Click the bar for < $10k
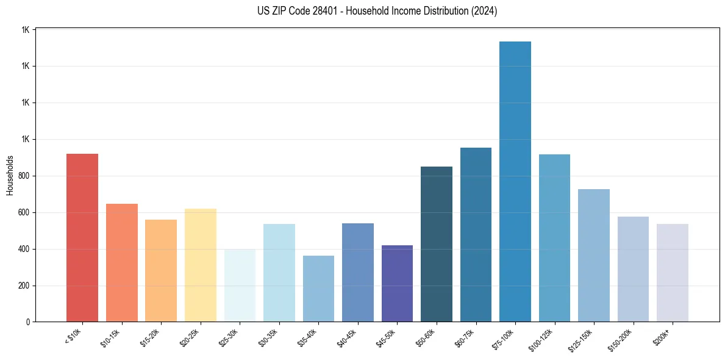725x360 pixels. pyautogui.click(x=82, y=238)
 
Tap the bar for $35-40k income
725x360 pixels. pyautogui.click(x=318, y=289)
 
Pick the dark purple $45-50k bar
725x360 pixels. pyautogui.click(x=397, y=284)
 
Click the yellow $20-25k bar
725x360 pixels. pyautogui.click(x=201, y=265)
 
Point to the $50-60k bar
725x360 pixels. pyautogui.click(x=437, y=244)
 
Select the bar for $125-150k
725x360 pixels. pyautogui.click(x=594, y=256)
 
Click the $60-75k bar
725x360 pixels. pyautogui.click(x=476, y=235)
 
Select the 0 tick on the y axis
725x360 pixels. pyautogui.click(x=28, y=322)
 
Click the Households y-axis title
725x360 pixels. pyautogui.click(x=10, y=176)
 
